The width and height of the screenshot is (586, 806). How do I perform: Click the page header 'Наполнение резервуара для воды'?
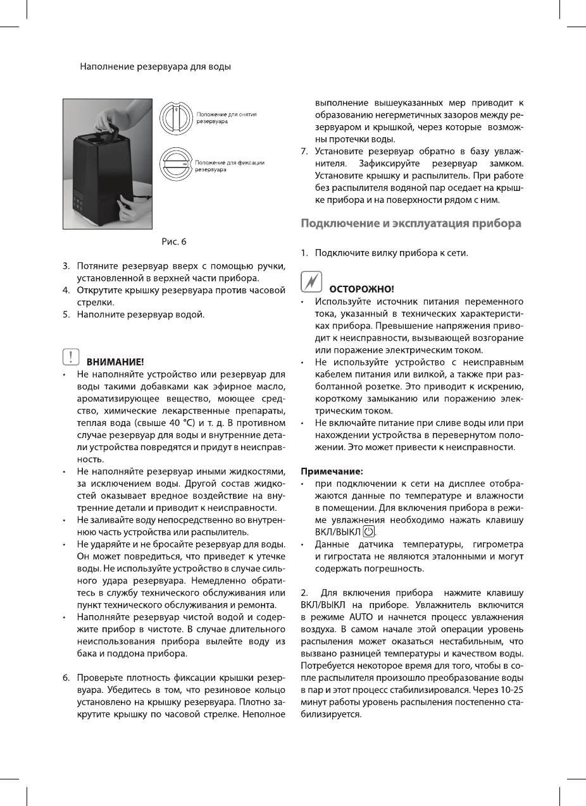tap(155, 66)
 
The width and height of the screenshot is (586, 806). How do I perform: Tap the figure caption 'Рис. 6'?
tap(174, 241)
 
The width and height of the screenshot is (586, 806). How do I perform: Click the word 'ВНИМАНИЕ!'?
tap(115, 362)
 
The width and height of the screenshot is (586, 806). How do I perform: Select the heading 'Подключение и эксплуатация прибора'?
tap(411, 223)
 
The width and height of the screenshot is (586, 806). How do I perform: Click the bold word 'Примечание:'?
tap(332, 471)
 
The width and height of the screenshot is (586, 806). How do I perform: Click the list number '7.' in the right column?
tap(305, 151)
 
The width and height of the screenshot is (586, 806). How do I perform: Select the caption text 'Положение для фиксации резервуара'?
tap(229, 166)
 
